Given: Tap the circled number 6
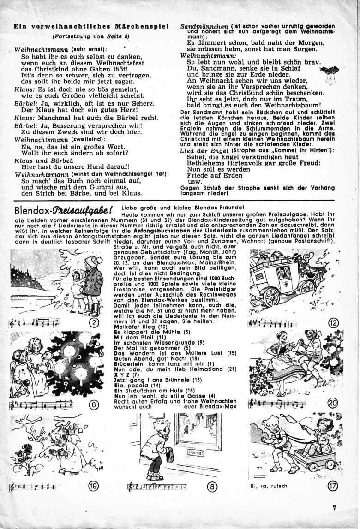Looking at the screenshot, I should (x=95, y=404).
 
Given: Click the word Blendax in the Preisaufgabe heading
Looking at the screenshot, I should (x=29, y=210).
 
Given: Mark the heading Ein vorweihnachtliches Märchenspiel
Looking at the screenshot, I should (x=91, y=26).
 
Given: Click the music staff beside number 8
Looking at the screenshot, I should (x=157, y=486).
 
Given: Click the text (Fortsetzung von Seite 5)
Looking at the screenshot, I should (x=91, y=36).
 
